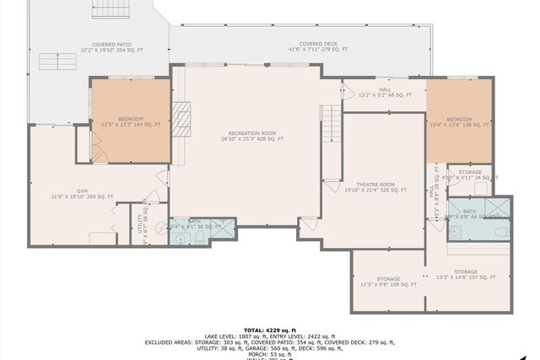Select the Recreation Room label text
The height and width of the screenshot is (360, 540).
[252, 136]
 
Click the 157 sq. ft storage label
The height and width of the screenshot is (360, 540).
[466, 274]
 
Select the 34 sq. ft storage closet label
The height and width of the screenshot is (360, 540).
[470, 175]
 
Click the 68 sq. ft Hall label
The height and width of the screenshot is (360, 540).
[385, 92]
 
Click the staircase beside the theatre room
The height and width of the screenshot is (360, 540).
[331, 124]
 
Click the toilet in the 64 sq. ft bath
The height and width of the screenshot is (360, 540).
[500, 231]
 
